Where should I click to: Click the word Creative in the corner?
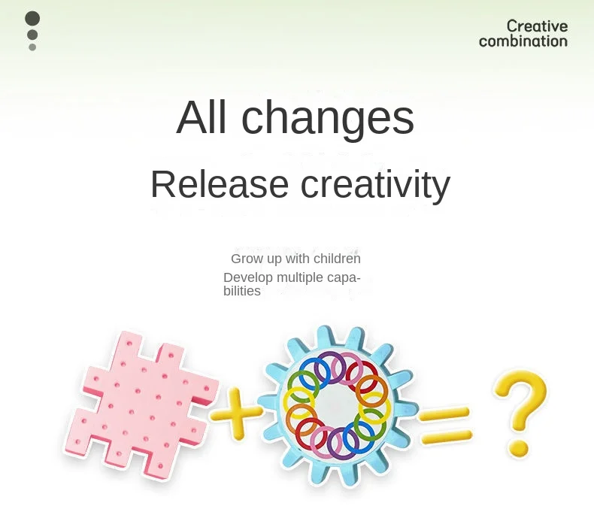click(537, 26)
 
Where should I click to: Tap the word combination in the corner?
click(523, 41)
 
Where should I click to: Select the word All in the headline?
click(202, 117)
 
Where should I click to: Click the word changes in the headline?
click(328, 119)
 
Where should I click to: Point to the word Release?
click(220, 184)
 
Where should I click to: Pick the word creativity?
click(375, 186)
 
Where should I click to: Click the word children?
click(337, 259)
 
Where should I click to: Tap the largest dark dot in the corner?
click(32, 19)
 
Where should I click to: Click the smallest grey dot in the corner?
click(32, 47)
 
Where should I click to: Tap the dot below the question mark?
click(517, 448)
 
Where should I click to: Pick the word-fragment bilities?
click(241, 291)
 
